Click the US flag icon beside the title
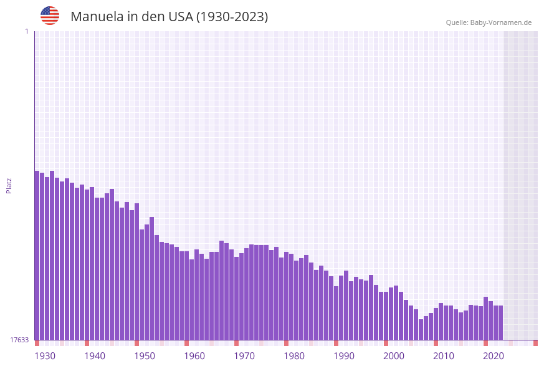(50, 16)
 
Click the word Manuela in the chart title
(97, 17)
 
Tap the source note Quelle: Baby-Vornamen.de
(489, 22)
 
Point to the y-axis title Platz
(9, 185)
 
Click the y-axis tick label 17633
(19, 340)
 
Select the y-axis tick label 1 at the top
(26, 31)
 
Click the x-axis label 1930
(45, 356)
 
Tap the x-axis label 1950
(145, 356)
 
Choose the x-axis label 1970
(244, 356)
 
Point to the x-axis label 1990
(344, 356)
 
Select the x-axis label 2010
(444, 356)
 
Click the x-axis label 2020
(494, 356)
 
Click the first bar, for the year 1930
(37, 256)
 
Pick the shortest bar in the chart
(421, 330)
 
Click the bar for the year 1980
(286, 296)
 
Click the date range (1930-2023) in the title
(232, 17)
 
